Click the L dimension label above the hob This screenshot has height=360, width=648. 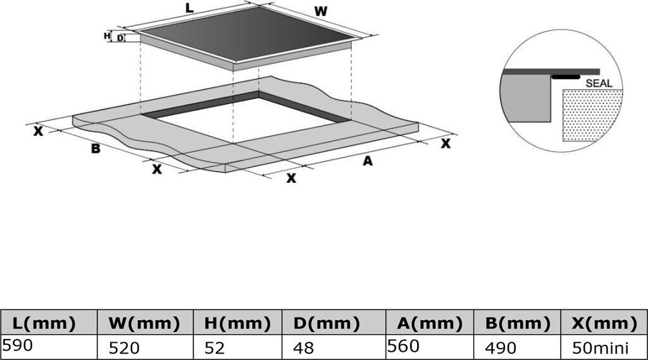pyautogui.click(x=189, y=8)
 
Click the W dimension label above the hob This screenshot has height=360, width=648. pyautogui.click(x=321, y=11)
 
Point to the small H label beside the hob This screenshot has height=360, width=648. pyautogui.click(x=107, y=36)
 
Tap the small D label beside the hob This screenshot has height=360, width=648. pyautogui.click(x=120, y=38)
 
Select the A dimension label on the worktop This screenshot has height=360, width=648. pyautogui.click(x=368, y=161)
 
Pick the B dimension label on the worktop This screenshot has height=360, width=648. pyautogui.click(x=96, y=149)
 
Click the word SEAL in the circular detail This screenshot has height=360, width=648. pyautogui.click(x=599, y=83)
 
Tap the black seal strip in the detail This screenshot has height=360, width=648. pyautogui.click(x=566, y=77)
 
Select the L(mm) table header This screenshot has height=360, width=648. pyautogui.click(x=44, y=323)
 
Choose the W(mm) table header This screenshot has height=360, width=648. pyautogui.click(x=144, y=323)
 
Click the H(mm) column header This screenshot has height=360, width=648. pyautogui.click(x=237, y=323)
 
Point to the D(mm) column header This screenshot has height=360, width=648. pyautogui.click(x=327, y=323)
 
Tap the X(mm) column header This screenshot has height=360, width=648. pyautogui.click(x=604, y=323)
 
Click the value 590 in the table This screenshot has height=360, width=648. pyautogui.click(x=17, y=345)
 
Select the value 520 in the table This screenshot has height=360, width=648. pyautogui.click(x=124, y=349)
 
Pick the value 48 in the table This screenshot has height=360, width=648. pyautogui.click(x=303, y=349)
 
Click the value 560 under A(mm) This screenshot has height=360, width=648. pyautogui.click(x=403, y=346)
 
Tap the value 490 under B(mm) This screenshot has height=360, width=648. pyautogui.click(x=501, y=349)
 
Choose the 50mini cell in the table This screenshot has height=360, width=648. pyautogui.click(x=601, y=349)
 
